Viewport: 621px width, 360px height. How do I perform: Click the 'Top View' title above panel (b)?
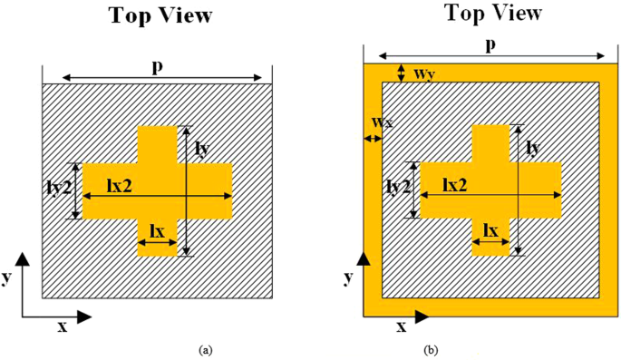point(492,13)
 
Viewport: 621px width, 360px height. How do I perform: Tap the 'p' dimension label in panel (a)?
point(157,68)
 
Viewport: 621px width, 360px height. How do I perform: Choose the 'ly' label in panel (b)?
point(535,147)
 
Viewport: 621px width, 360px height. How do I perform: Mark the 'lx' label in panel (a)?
point(156,232)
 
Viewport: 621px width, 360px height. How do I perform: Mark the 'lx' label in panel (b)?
point(490,231)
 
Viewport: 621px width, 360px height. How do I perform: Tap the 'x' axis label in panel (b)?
point(399,324)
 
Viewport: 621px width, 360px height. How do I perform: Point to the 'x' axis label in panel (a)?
point(63,326)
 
